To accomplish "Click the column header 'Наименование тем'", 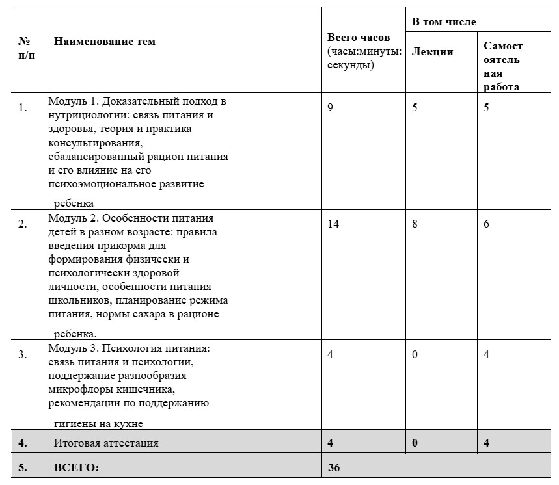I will (105, 42).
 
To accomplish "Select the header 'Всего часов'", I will (359, 37).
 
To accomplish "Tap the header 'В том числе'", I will (444, 22).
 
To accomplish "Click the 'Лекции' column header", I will (433, 52).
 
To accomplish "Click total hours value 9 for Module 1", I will (330, 107).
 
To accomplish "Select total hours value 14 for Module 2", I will (333, 224).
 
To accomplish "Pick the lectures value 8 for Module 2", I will (415, 224).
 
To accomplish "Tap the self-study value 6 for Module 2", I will (486, 224).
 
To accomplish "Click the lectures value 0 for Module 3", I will (415, 354).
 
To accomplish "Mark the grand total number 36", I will (334, 467).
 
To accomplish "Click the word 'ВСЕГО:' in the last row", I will (76, 467).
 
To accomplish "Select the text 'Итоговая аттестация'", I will (106, 443).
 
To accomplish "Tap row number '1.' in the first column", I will (23, 108).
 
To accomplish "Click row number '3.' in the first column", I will (23, 355).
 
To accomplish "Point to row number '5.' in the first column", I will (23, 467).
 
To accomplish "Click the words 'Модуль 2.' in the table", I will (70, 218).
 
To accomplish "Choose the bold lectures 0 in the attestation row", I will (415, 443).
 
